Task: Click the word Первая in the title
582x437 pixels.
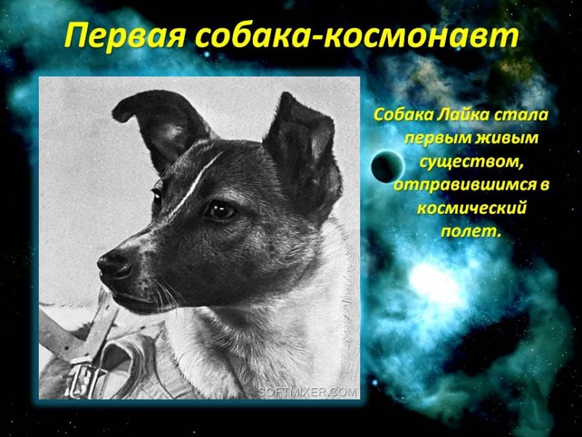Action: pos(124,36)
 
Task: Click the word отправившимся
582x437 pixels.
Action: pos(462,185)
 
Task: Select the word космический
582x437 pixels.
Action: pos(472,208)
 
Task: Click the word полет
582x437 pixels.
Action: pos(468,232)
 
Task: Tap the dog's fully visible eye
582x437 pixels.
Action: pos(221,210)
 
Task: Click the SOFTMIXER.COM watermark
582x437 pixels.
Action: pos(307,392)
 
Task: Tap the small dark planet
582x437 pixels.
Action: pos(387,167)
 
